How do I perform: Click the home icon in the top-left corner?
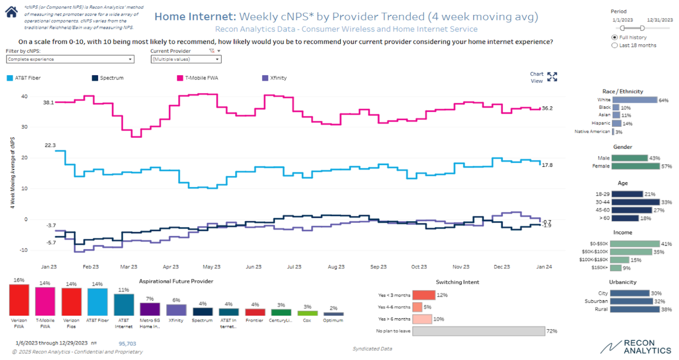11,12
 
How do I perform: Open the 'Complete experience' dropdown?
70,59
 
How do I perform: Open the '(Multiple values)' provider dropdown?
185,59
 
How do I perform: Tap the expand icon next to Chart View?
552,77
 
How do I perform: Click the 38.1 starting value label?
48,102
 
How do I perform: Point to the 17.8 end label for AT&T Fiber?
547,165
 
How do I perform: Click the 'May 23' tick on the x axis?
212,267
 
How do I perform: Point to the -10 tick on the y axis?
24,250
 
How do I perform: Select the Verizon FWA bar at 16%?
19,300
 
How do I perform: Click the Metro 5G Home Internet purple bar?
150,309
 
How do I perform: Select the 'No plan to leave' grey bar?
478,331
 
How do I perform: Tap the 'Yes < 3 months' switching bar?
423,295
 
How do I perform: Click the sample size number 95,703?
127,344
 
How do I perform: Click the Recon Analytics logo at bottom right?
636,347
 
